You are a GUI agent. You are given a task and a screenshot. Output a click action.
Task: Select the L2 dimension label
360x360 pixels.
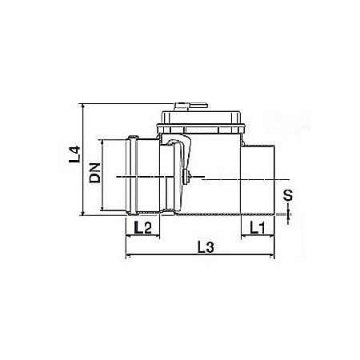pyautogui.click(x=143, y=228)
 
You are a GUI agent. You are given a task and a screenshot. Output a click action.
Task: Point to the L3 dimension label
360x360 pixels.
pyautogui.click(x=204, y=248)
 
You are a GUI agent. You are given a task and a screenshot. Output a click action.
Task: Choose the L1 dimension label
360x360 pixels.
pyautogui.click(x=258, y=228)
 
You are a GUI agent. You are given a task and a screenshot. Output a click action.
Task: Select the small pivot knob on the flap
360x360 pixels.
pyautogui.click(x=185, y=175)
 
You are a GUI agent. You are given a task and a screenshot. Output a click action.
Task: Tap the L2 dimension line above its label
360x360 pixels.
pyautogui.click(x=143, y=237)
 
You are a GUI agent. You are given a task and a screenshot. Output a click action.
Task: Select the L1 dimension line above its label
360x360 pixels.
pyautogui.click(x=258, y=237)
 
